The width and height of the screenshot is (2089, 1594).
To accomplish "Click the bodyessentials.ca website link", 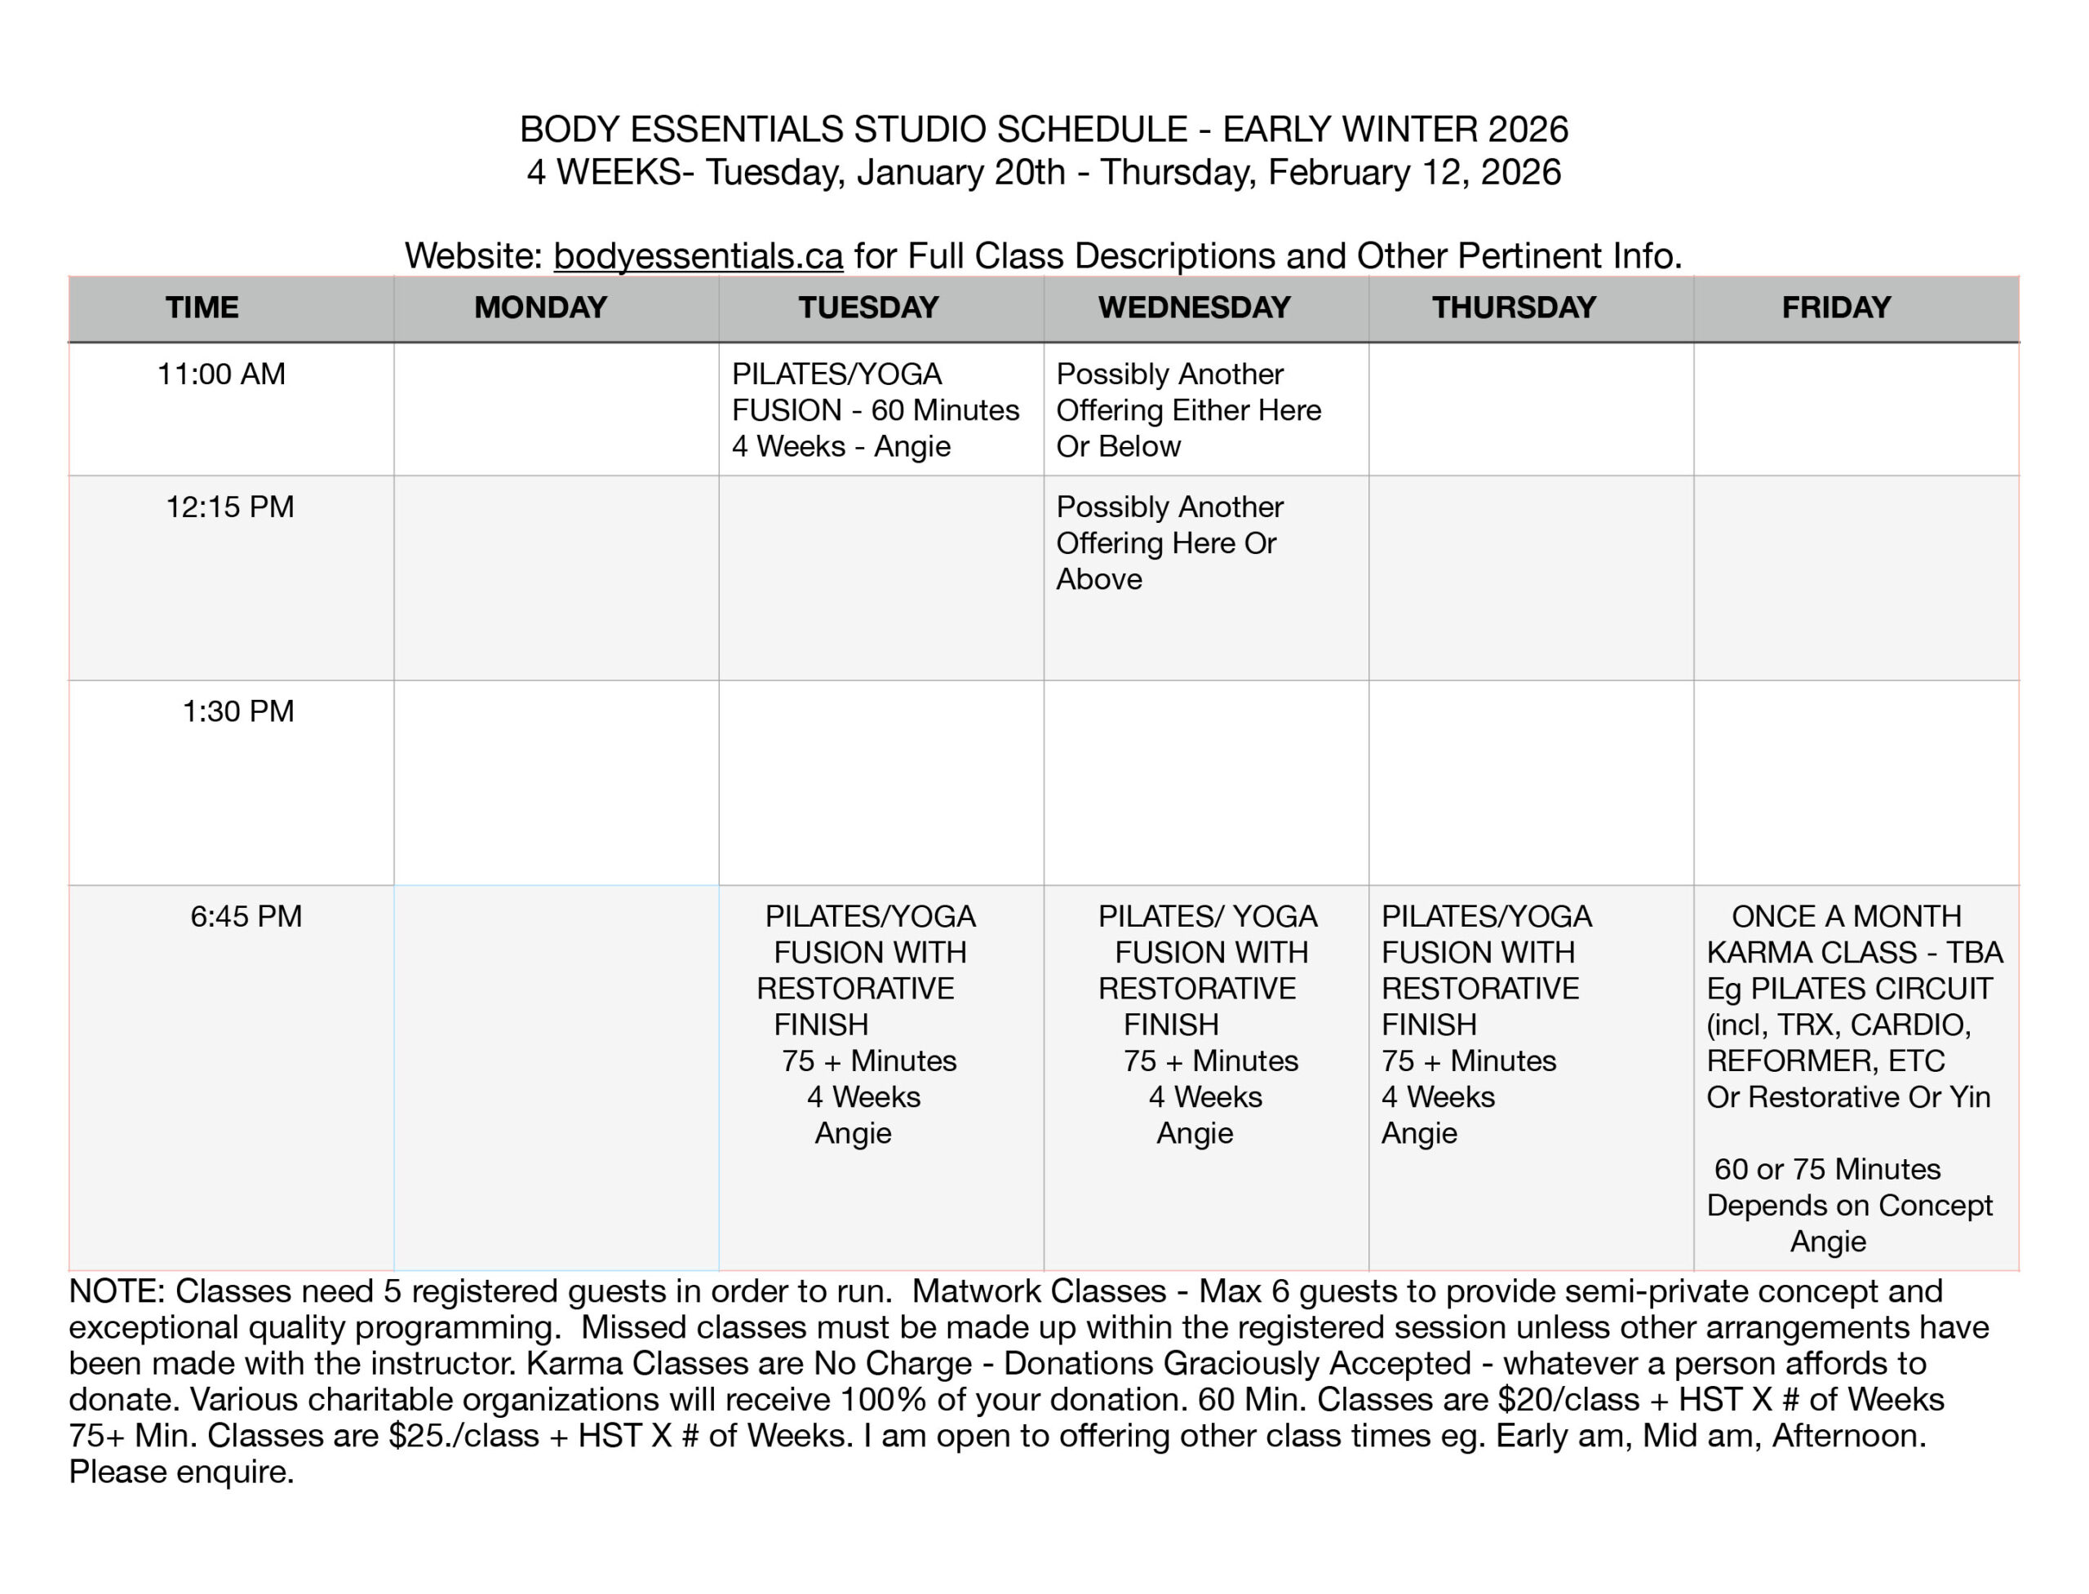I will (698, 256).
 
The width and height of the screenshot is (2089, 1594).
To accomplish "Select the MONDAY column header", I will (540, 308).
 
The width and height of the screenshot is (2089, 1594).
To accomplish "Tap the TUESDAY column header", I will (867, 308).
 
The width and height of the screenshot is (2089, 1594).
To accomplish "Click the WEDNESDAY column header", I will (1194, 308).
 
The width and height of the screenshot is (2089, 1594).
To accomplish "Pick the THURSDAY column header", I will (1514, 308).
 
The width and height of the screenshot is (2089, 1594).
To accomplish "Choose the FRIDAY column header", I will (1835, 308).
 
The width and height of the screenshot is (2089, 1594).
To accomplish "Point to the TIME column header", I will (202, 308).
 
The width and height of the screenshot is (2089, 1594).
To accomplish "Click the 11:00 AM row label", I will (221, 374).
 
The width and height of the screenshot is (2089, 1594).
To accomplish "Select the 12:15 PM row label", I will (229, 507).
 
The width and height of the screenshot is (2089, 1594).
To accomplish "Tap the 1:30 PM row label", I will (238, 711).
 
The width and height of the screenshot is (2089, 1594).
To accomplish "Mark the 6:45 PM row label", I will (246, 915).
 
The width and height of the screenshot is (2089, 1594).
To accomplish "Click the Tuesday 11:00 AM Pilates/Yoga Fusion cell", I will (874, 410).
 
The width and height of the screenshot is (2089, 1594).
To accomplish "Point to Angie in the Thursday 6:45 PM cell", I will (1419, 1133).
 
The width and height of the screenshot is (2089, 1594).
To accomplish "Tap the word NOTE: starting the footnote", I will (117, 1291).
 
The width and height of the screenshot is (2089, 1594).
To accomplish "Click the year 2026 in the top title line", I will (1528, 129).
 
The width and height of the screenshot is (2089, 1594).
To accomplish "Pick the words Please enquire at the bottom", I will (180, 1472).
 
